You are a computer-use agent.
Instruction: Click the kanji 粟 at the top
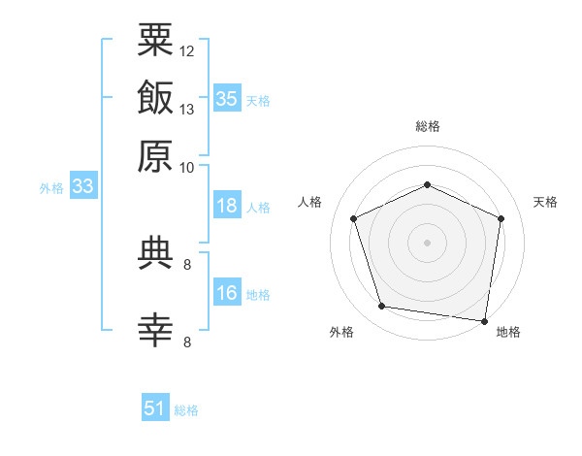155,40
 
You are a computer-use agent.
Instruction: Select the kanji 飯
155,97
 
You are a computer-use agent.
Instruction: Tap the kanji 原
155,156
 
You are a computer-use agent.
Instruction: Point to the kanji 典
155,253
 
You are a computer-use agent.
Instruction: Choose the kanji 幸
155,331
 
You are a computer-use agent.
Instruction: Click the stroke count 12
186,51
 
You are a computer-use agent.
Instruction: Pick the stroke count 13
186,110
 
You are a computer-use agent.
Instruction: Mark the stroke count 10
186,168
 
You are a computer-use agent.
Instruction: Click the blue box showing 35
227,98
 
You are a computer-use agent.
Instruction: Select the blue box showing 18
227,205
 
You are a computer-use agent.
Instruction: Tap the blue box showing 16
227,291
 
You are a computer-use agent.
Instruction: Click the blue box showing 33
83,185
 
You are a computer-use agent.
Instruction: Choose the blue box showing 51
155,407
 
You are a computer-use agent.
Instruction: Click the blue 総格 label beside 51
186,410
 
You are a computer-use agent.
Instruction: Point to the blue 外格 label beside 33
51,188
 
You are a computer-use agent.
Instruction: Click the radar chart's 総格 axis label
428,126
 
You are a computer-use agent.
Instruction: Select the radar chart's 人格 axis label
309,202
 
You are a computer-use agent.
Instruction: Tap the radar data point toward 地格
484,321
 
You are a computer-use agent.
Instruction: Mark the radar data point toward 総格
427,184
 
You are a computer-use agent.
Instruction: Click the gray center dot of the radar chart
427,243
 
